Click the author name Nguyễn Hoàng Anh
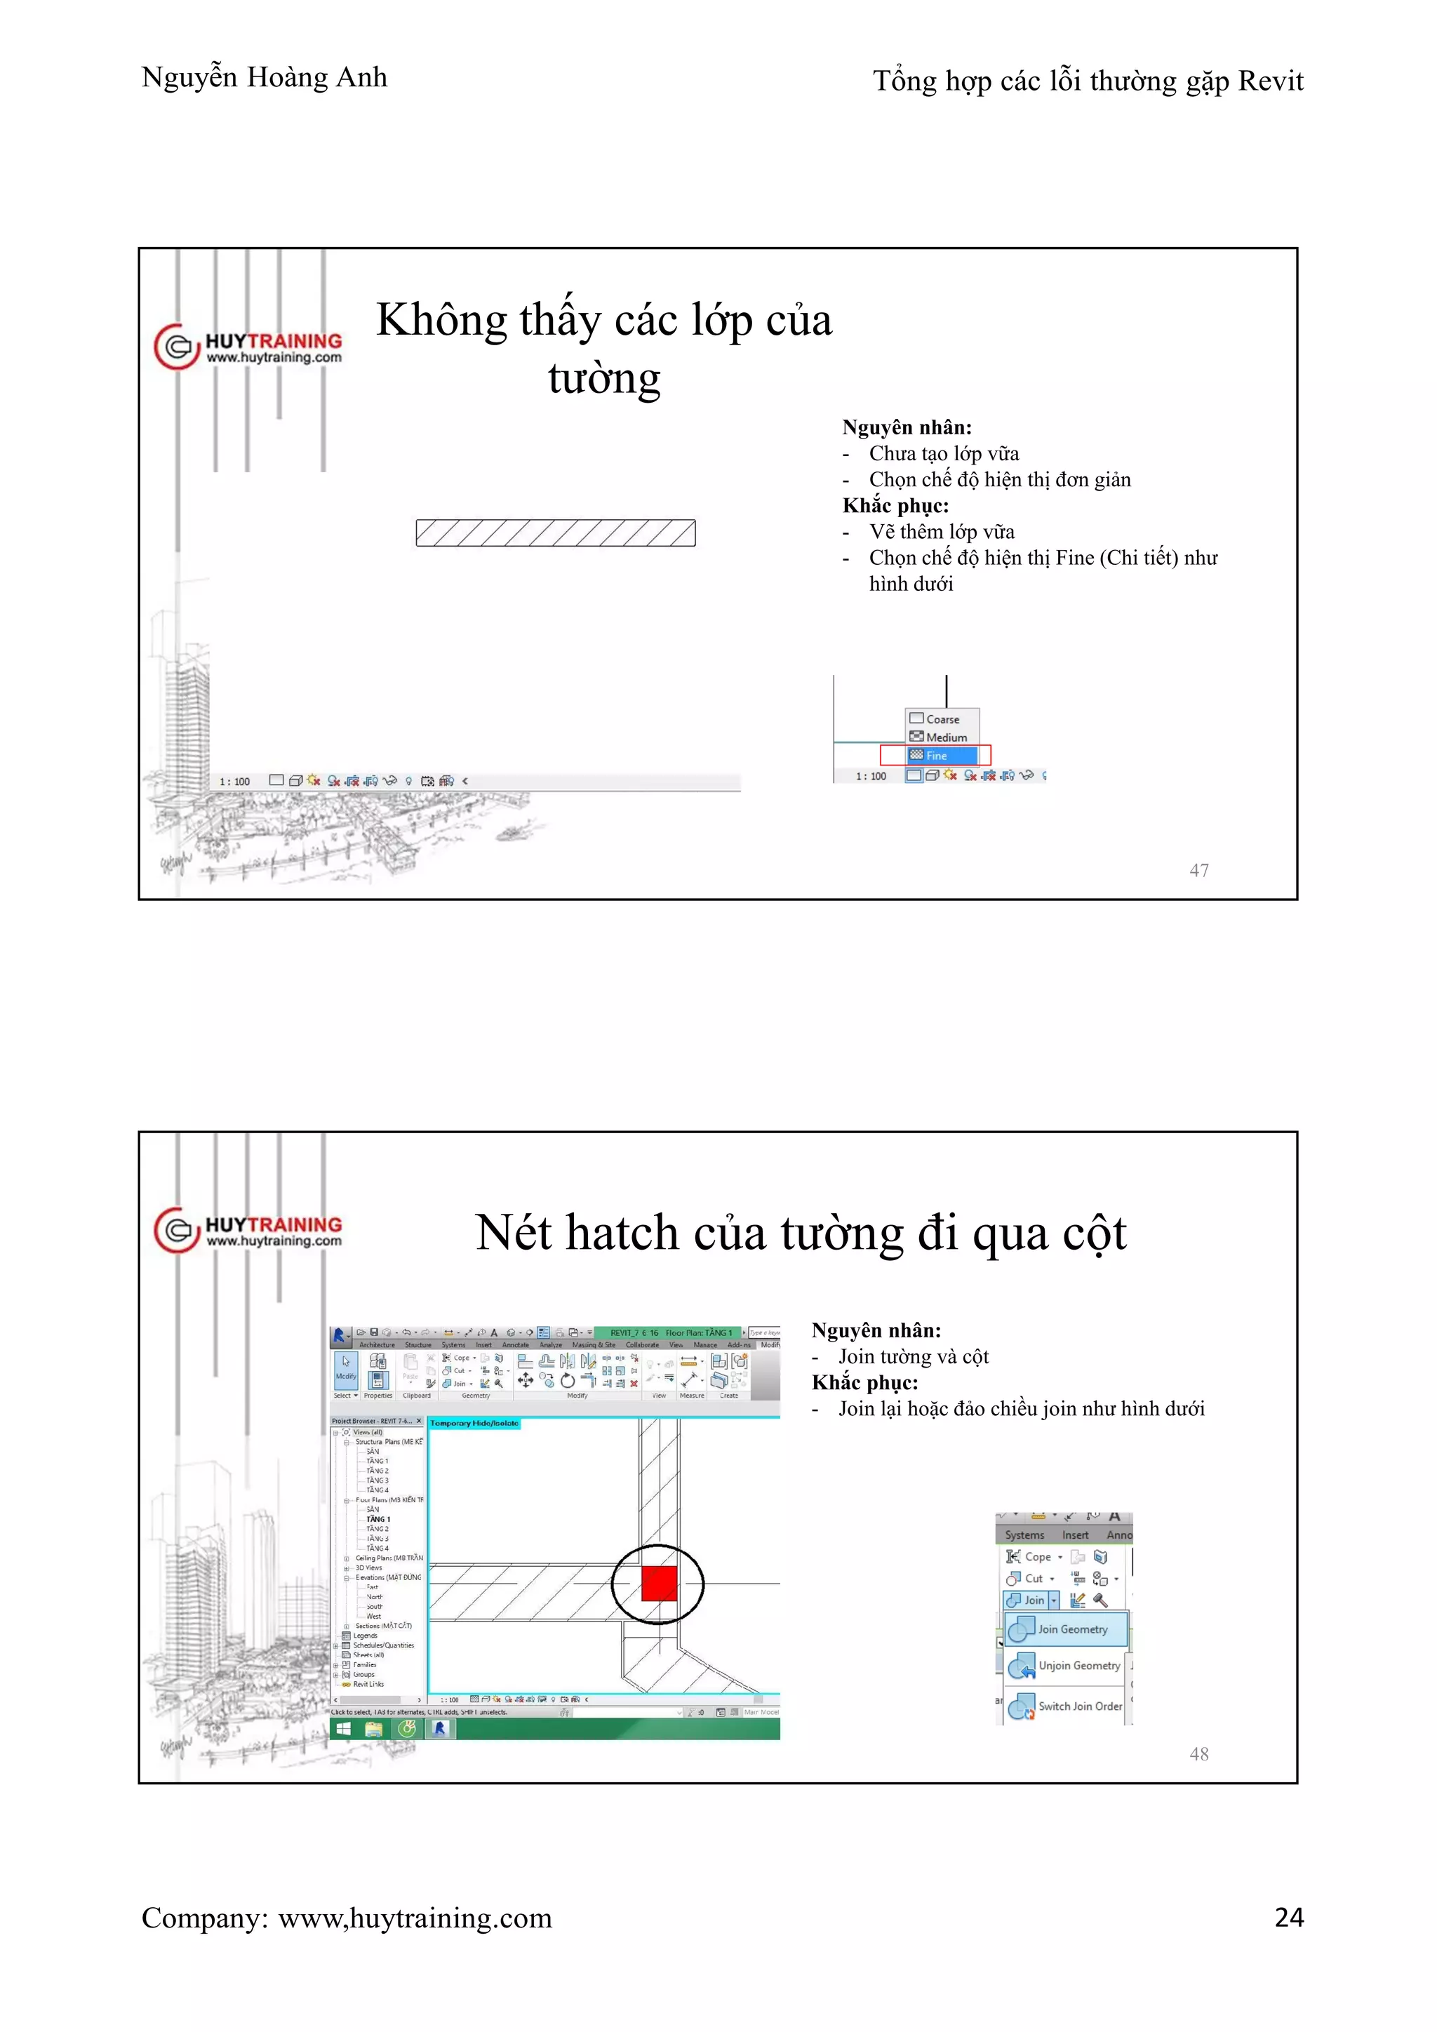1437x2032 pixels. click(x=264, y=78)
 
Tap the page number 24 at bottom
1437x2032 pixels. click(x=1288, y=1917)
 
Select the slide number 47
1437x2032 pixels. click(x=1199, y=871)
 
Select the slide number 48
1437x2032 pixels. click(x=1199, y=1754)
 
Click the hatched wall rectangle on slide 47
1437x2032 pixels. click(x=556, y=533)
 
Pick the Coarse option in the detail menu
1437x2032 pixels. click(x=942, y=719)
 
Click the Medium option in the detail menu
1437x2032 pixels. click(x=945, y=737)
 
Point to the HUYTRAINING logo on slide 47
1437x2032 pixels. click(x=248, y=347)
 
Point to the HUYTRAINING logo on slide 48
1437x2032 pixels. click(x=248, y=1230)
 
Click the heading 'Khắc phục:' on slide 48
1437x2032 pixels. click(x=864, y=1382)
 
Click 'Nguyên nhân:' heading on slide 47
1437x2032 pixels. click(x=906, y=427)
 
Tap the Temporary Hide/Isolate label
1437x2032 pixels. click(x=474, y=1423)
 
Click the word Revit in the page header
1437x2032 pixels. click(x=1270, y=81)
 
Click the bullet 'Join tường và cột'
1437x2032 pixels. click(x=913, y=1357)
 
